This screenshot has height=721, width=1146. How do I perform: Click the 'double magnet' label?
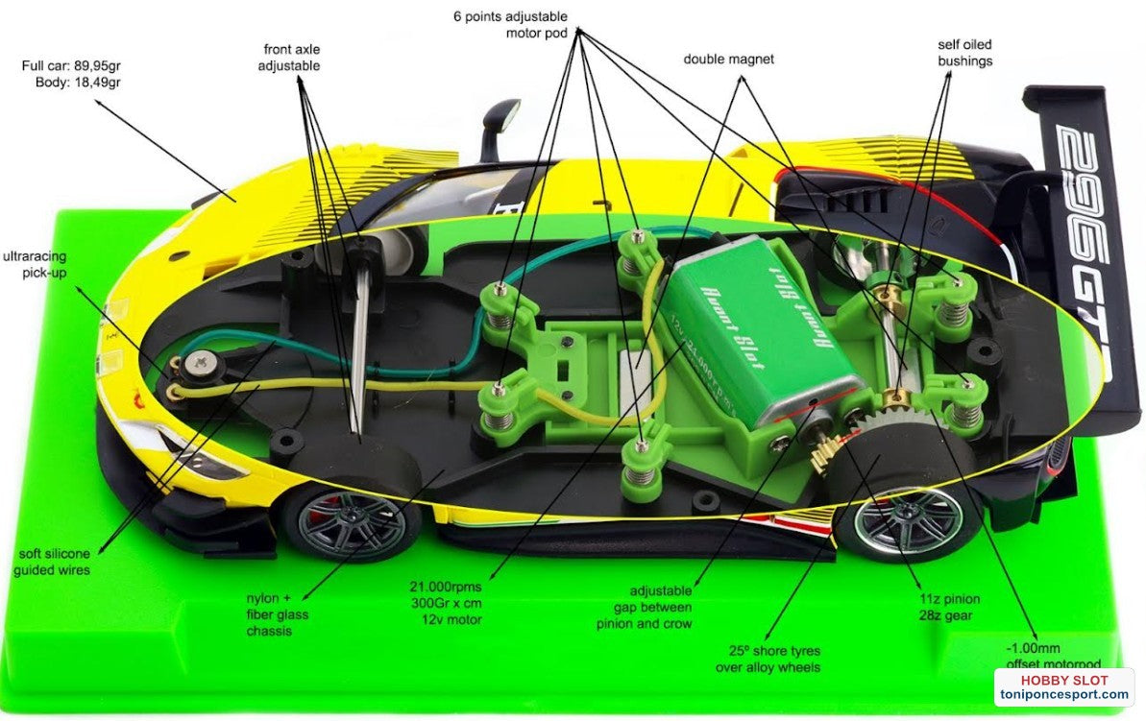[728, 60]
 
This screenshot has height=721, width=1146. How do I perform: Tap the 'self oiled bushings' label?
[964, 53]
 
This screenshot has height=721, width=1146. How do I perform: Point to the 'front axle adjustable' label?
[291, 57]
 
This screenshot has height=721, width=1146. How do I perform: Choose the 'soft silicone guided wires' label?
[53, 562]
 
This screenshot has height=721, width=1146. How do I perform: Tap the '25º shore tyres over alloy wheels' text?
[768, 659]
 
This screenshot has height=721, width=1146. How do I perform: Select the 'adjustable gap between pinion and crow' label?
[661, 607]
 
